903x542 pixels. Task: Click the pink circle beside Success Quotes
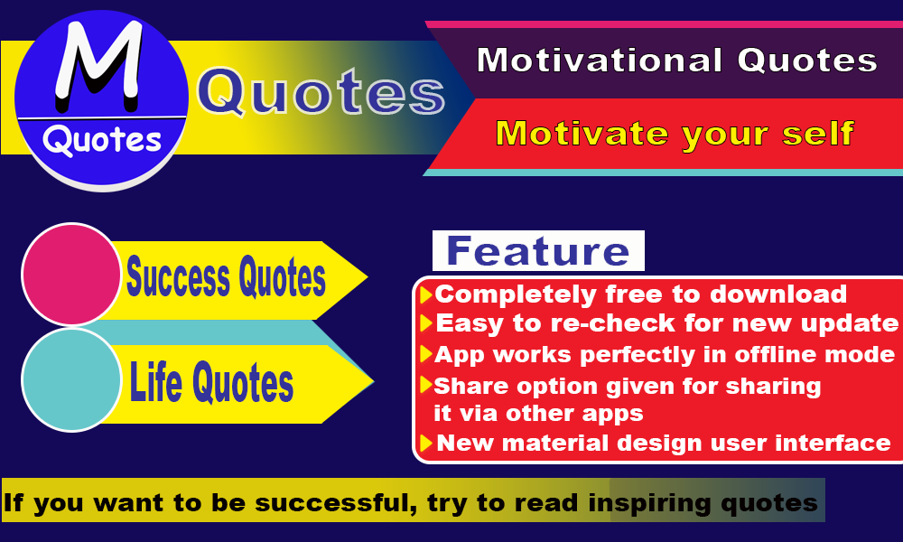[x=71, y=275]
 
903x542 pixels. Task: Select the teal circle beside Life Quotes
[x=71, y=380]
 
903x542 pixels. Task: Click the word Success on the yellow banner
[x=179, y=277]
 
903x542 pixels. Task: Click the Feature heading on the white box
[x=538, y=251]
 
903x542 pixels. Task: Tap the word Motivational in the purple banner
[x=600, y=60]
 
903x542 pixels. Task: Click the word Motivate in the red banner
[x=582, y=133]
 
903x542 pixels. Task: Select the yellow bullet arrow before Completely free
[x=426, y=294]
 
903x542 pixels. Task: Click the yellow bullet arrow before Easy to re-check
[x=426, y=323]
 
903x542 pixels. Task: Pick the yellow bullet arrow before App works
[x=426, y=354]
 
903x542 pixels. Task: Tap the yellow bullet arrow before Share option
[x=426, y=385]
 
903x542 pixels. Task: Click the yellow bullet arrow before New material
[x=426, y=444]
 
